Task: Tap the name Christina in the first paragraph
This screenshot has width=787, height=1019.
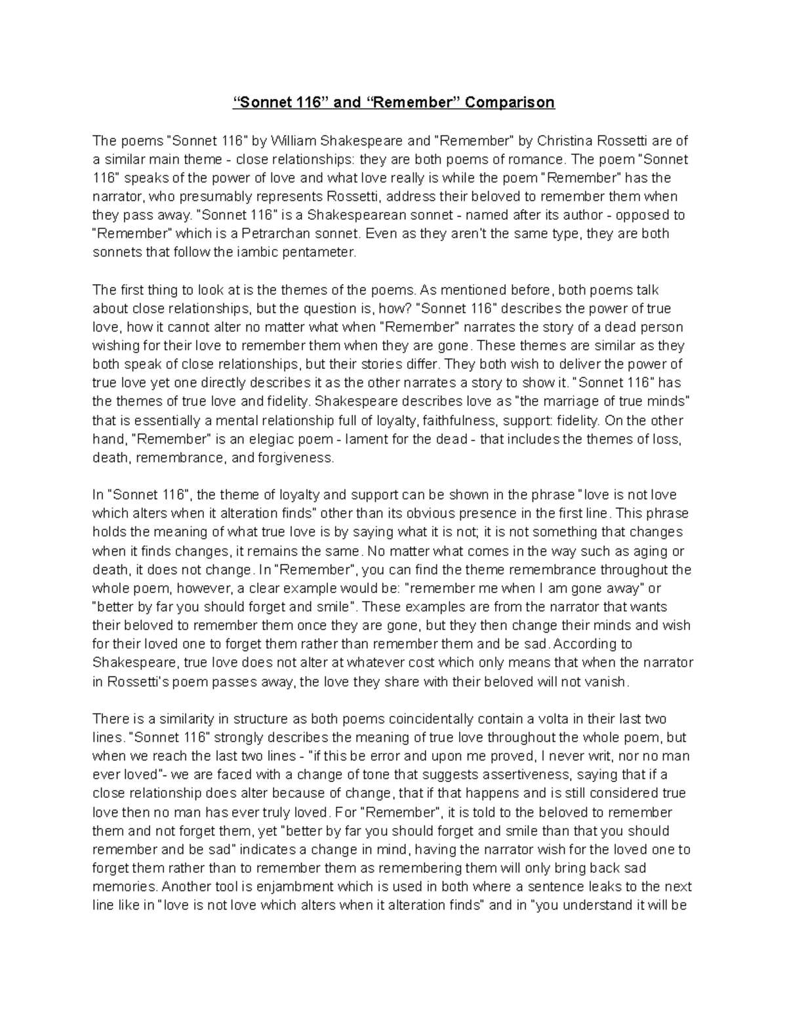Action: (x=565, y=140)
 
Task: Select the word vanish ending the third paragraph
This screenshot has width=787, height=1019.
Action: (x=609, y=682)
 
